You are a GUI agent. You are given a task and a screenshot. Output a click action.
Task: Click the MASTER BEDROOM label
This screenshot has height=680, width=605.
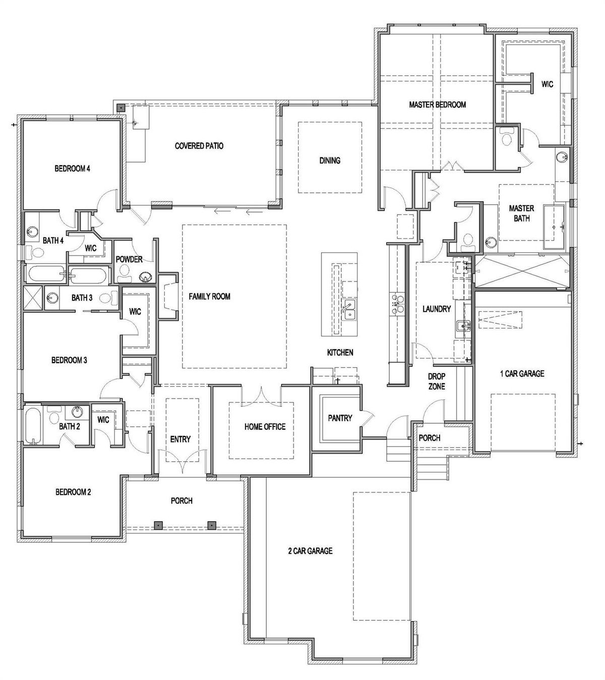tap(437, 105)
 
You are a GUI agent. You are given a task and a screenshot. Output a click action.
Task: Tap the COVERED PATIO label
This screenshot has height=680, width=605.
tap(199, 146)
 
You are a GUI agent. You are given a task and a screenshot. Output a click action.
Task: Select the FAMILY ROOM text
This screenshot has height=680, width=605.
tap(210, 296)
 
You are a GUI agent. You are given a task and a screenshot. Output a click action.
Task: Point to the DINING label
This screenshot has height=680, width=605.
tap(330, 160)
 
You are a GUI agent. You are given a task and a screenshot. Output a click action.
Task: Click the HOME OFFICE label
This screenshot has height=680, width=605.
tap(265, 426)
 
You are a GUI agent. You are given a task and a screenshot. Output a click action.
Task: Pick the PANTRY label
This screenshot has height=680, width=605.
tap(340, 418)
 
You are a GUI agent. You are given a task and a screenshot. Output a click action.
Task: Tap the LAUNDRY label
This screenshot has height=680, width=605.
tap(437, 309)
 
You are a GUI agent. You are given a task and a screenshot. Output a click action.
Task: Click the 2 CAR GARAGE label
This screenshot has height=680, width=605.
tap(310, 551)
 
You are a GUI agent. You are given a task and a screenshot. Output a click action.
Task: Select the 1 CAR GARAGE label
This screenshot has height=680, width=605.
tap(522, 374)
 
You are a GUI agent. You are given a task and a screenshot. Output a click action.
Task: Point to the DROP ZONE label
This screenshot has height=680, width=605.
tap(437, 381)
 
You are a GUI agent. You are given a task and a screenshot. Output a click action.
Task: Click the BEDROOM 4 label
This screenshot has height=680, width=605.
tap(72, 168)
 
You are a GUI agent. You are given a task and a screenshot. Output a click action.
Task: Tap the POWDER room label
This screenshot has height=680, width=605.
tap(129, 259)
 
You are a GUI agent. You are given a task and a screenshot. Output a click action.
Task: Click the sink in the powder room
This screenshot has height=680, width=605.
tap(145, 278)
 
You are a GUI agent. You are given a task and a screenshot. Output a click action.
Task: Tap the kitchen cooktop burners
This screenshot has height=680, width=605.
tap(397, 304)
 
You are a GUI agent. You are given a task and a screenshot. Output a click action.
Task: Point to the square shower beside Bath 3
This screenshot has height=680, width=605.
tap(33, 297)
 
